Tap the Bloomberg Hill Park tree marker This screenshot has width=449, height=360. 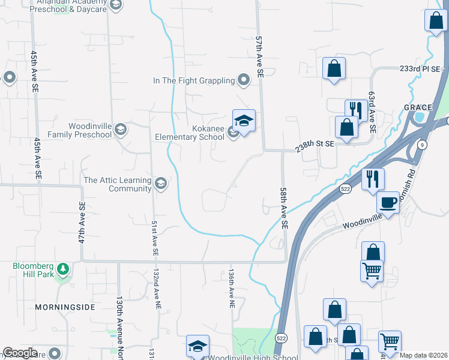pos(62,269)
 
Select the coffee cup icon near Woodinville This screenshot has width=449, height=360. pos(388,203)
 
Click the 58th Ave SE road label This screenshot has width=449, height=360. pos(284,208)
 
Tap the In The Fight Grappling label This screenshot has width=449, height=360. pos(193,80)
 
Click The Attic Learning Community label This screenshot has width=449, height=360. pos(118,184)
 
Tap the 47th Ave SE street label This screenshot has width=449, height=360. pos(82,223)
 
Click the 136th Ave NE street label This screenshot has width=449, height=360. pos(231,288)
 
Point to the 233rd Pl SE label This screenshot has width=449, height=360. pos(420,69)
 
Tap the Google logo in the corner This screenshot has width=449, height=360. pos(20,353)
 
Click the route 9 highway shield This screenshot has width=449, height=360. pos(422,145)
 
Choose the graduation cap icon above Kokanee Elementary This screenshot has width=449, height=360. pos(244,121)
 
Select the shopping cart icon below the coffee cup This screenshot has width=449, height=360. pos(372,271)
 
